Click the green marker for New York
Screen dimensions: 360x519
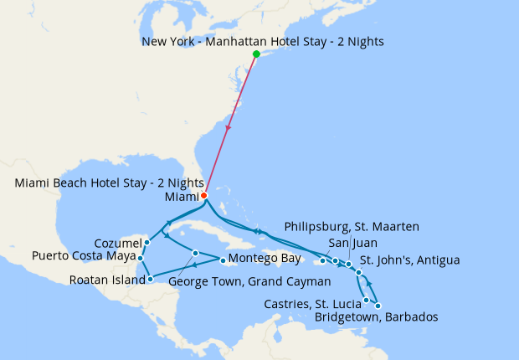pyautogui.click(x=256, y=54)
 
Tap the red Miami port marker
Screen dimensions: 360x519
pyautogui.click(x=204, y=196)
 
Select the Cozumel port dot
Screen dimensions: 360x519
pyautogui.click(x=146, y=243)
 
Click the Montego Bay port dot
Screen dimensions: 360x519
pyautogui.click(x=222, y=260)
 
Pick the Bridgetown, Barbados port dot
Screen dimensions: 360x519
pyautogui.click(x=378, y=306)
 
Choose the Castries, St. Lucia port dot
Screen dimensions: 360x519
pyautogui.click(x=367, y=300)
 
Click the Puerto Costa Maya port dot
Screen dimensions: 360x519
pyautogui.click(x=140, y=258)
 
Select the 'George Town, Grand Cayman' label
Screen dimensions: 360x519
pyautogui.click(x=238, y=282)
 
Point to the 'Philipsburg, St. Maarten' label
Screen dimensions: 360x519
pyautogui.click(x=352, y=227)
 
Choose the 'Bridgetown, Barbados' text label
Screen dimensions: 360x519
pyautogui.click(x=376, y=317)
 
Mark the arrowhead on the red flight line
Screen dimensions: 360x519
pyautogui.click(x=229, y=127)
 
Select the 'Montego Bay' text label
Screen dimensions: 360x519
pyautogui.click(x=265, y=260)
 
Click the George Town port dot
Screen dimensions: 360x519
pyautogui.click(x=195, y=253)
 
